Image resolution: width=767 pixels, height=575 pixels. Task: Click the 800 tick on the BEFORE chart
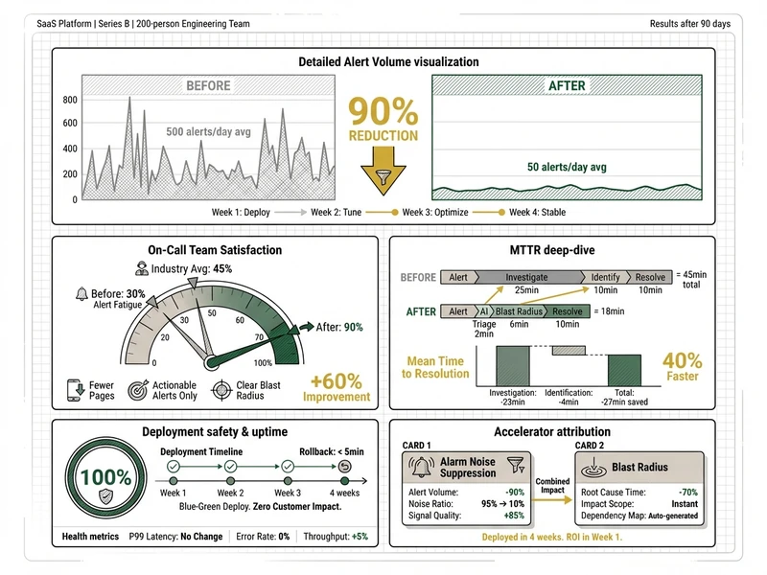(69, 100)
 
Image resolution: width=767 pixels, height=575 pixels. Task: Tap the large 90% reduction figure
(383, 113)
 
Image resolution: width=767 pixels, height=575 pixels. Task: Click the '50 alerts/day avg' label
(567, 167)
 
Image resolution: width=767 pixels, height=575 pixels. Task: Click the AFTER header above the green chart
(567, 86)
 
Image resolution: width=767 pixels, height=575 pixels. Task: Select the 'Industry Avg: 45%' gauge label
(196, 269)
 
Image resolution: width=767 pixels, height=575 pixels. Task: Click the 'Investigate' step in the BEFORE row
(525, 277)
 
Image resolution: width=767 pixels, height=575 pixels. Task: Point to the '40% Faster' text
(683, 368)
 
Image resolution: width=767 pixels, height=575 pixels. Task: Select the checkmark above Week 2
(230, 467)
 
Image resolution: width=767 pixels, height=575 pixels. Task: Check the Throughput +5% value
(360, 537)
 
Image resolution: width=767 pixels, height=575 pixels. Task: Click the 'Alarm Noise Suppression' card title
(469, 468)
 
